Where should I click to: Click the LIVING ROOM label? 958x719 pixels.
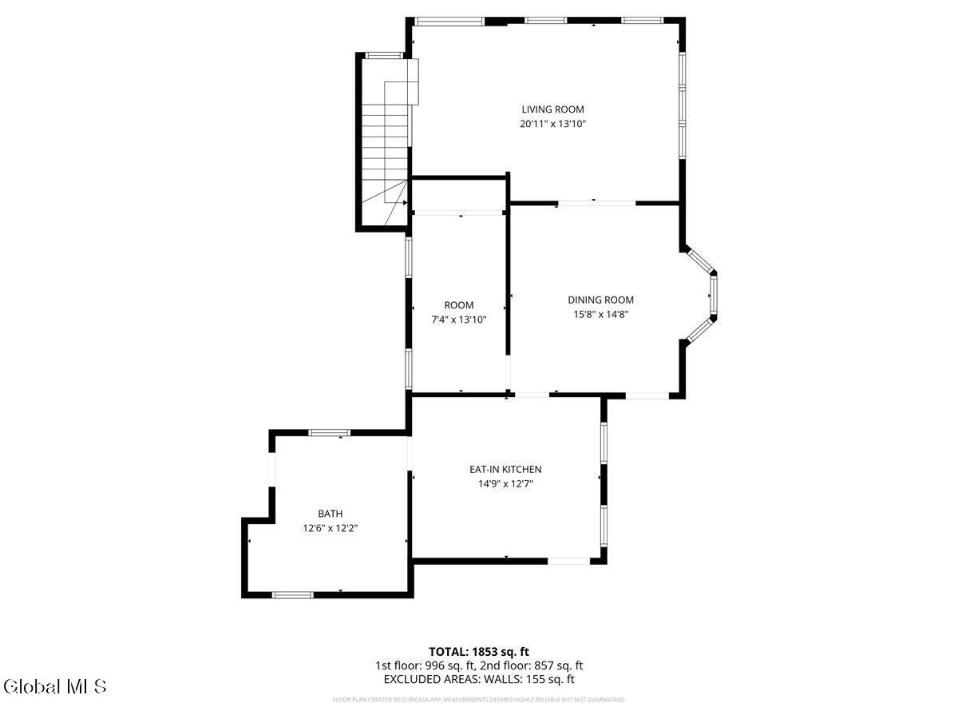pyautogui.click(x=552, y=109)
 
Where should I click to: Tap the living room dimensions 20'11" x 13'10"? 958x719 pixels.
pyautogui.click(x=552, y=124)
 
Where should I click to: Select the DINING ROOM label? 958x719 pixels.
pyautogui.click(x=600, y=300)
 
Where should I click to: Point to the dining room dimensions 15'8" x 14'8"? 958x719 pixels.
pyautogui.click(x=600, y=315)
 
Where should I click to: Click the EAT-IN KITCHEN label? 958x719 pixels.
pyautogui.click(x=505, y=470)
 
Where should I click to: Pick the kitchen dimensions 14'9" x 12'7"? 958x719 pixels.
pyautogui.click(x=505, y=483)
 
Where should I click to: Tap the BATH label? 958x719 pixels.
pyautogui.click(x=330, y=514)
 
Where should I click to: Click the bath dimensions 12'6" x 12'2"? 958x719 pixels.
pyautogui.click(x=330, y=528)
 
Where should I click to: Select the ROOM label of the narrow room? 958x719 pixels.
pyautogui.click(x=459, y=305)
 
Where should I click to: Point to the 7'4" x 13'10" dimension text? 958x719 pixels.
pyautogui.click(x=459, y=320)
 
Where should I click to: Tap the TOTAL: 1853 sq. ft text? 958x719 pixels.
pyautogui.click(x=479, y=652)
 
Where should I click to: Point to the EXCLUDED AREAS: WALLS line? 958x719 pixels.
pyautogui.click(x=479, y=680)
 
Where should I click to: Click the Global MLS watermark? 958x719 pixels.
pyautogui.click(x=54, y=686)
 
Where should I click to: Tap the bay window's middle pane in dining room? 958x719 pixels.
pyautogui.click(x=713, y=297)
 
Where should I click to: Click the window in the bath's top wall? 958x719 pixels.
pyautogui.click(x=329, y=433)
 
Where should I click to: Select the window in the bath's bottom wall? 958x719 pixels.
pyautogui.click(x=293, y=594)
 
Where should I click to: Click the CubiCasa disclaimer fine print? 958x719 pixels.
pyautogui.click(x=479, y=700)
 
